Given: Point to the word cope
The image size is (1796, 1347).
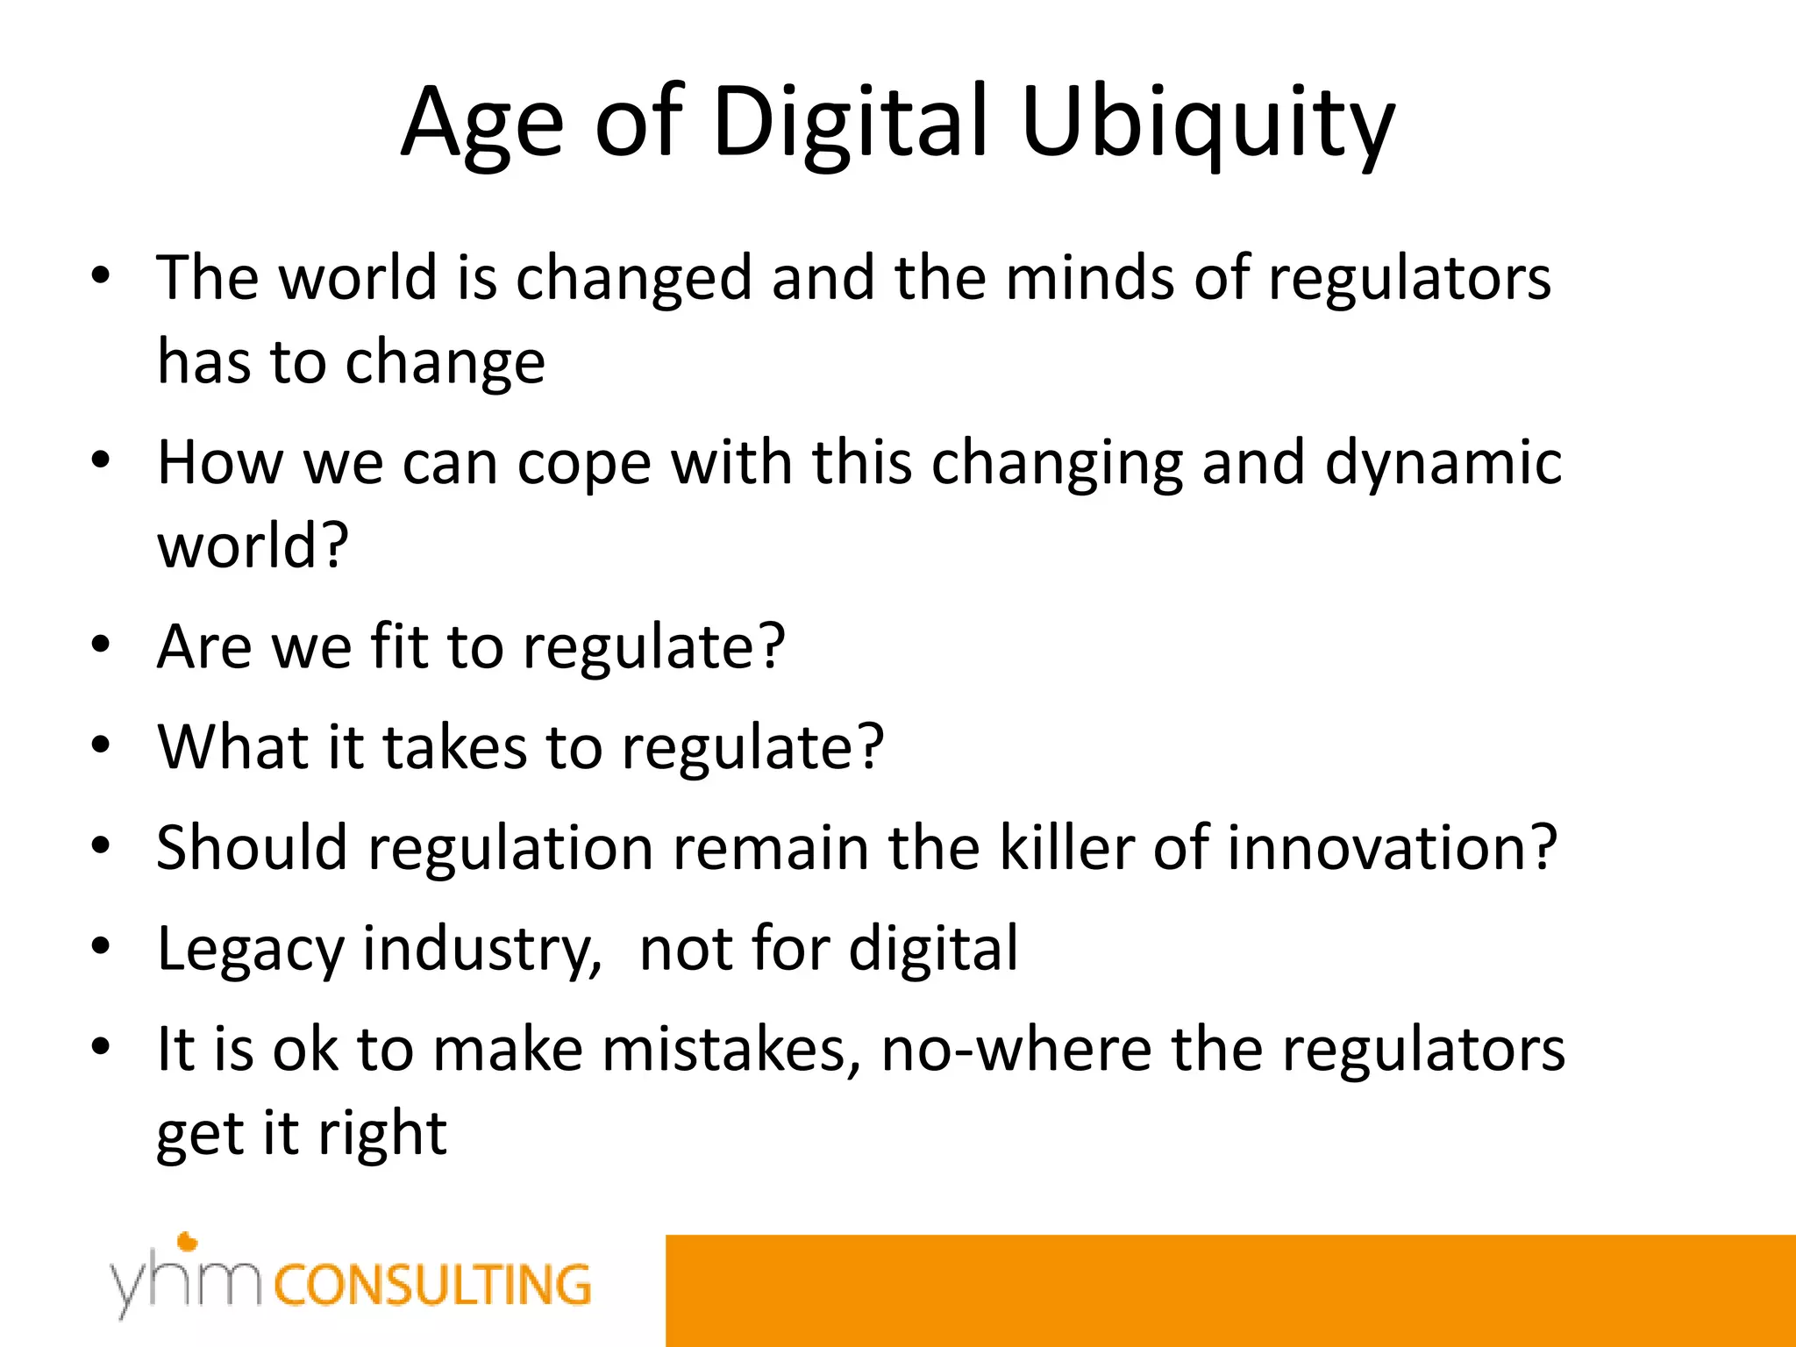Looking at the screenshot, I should pyautogui.click(x=583, y=465).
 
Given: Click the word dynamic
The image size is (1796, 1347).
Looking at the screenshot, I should pyautogui.click(x=1443, y=463).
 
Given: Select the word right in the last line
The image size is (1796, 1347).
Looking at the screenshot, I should pyautogui.click(x=382, y=1135).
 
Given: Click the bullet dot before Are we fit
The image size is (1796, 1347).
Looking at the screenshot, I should pyautogui.click(x=101, y=645).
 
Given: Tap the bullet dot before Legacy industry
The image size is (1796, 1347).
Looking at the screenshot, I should pyautogui.click(x=101, y=947).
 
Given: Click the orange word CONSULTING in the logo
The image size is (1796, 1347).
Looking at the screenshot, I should pyautogui.click(x=432, y=1286).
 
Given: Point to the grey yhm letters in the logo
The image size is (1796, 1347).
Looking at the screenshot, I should pyautogui.click(x=185, y=1284).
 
